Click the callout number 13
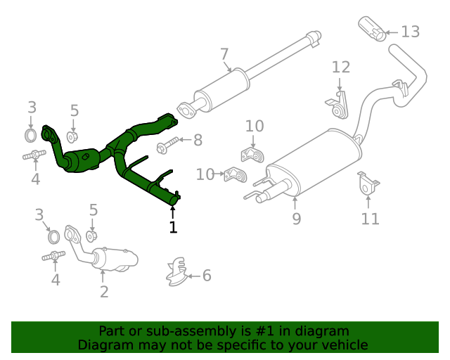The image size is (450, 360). pos(410,32)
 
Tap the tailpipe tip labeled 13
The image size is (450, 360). pos(372,29)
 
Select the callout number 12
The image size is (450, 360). pos(340,67)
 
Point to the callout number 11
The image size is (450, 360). pos(370,219)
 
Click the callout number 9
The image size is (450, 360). pos(296,219)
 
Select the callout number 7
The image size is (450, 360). pos(224,54)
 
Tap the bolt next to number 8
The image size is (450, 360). pos(167,147)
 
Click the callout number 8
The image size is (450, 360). pos(198,141)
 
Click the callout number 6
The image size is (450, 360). pos(207,276)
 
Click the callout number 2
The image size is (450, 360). pos(104,292)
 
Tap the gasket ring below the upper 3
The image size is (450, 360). pos(31,134)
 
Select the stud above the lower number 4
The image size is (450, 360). pos(54,257)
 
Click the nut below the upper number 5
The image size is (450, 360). pos(73,136)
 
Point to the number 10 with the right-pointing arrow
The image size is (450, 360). pos(205,174)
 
